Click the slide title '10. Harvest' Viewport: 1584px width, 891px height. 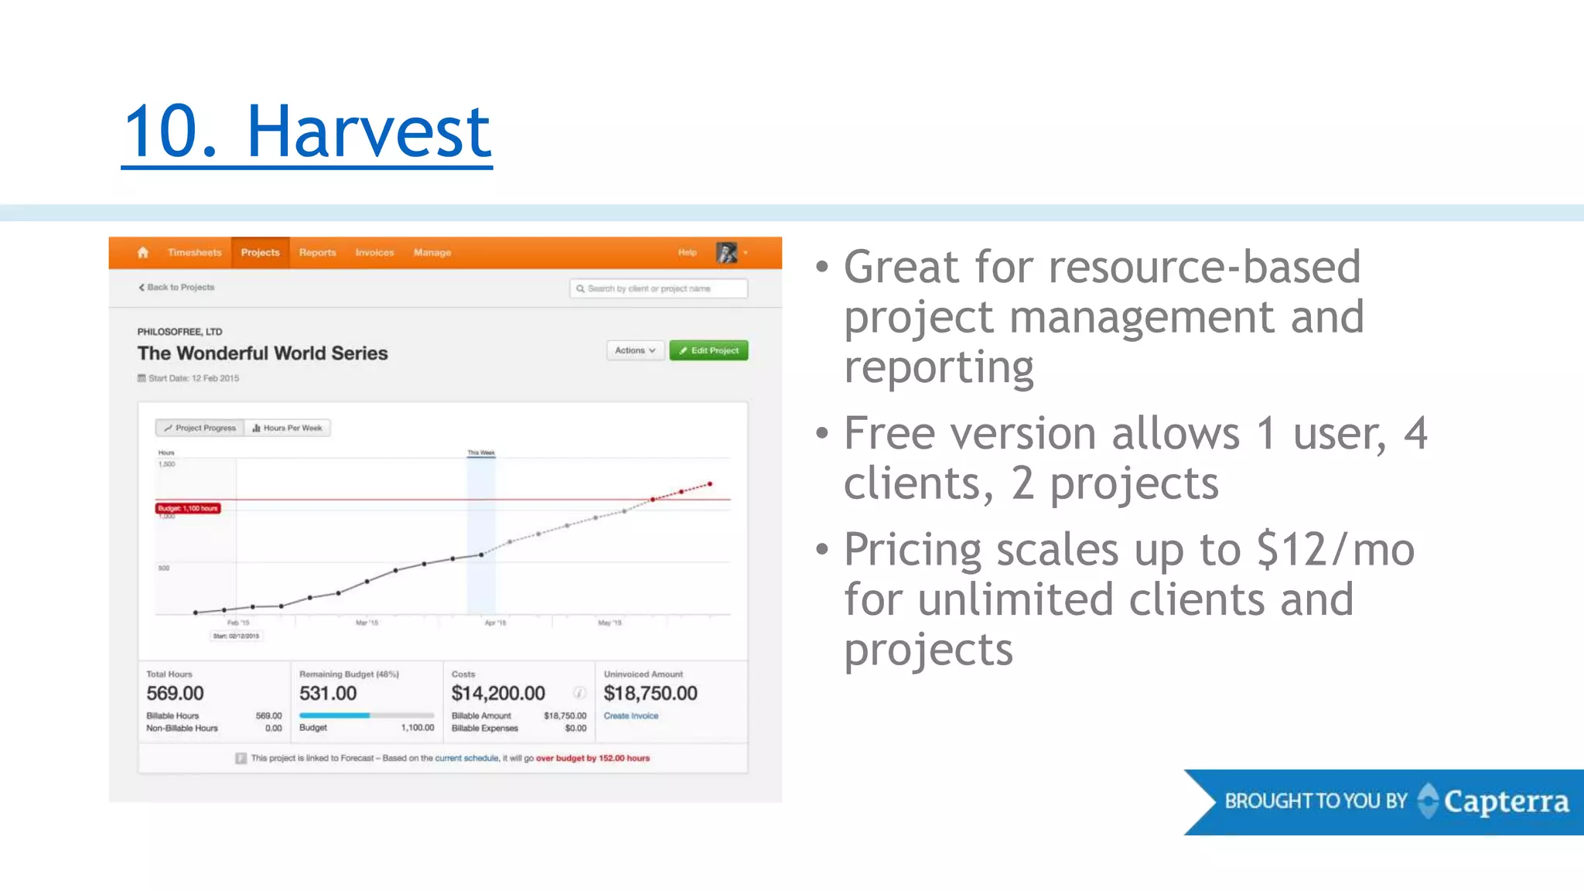coord(307,131)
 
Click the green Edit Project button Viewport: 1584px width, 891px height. coord(708,350)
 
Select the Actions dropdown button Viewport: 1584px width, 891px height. coord(635,350)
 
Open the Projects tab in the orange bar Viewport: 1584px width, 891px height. coord(260,253)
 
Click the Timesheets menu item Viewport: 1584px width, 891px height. coord(194,253)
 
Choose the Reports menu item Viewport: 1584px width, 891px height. coord(317,253)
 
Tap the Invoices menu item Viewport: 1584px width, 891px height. coord(374,253)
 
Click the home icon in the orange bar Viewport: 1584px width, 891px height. coord(143,253)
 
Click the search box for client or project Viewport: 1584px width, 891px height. coord(658,288)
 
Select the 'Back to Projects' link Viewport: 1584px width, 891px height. coord(177,287)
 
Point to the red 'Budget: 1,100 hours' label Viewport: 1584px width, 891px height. coord(188,508)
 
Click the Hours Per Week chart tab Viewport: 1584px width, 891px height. coord(288,428)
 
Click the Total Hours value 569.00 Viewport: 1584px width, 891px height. coord(176,693)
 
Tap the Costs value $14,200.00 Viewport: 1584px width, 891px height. coord(498,693)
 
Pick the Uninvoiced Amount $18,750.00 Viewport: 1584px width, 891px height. coord(650,693)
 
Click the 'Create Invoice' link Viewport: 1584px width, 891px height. coord(631,716)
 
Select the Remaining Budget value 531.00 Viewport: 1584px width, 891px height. coord(328,693)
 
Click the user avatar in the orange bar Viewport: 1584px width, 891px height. coord(726,253)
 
